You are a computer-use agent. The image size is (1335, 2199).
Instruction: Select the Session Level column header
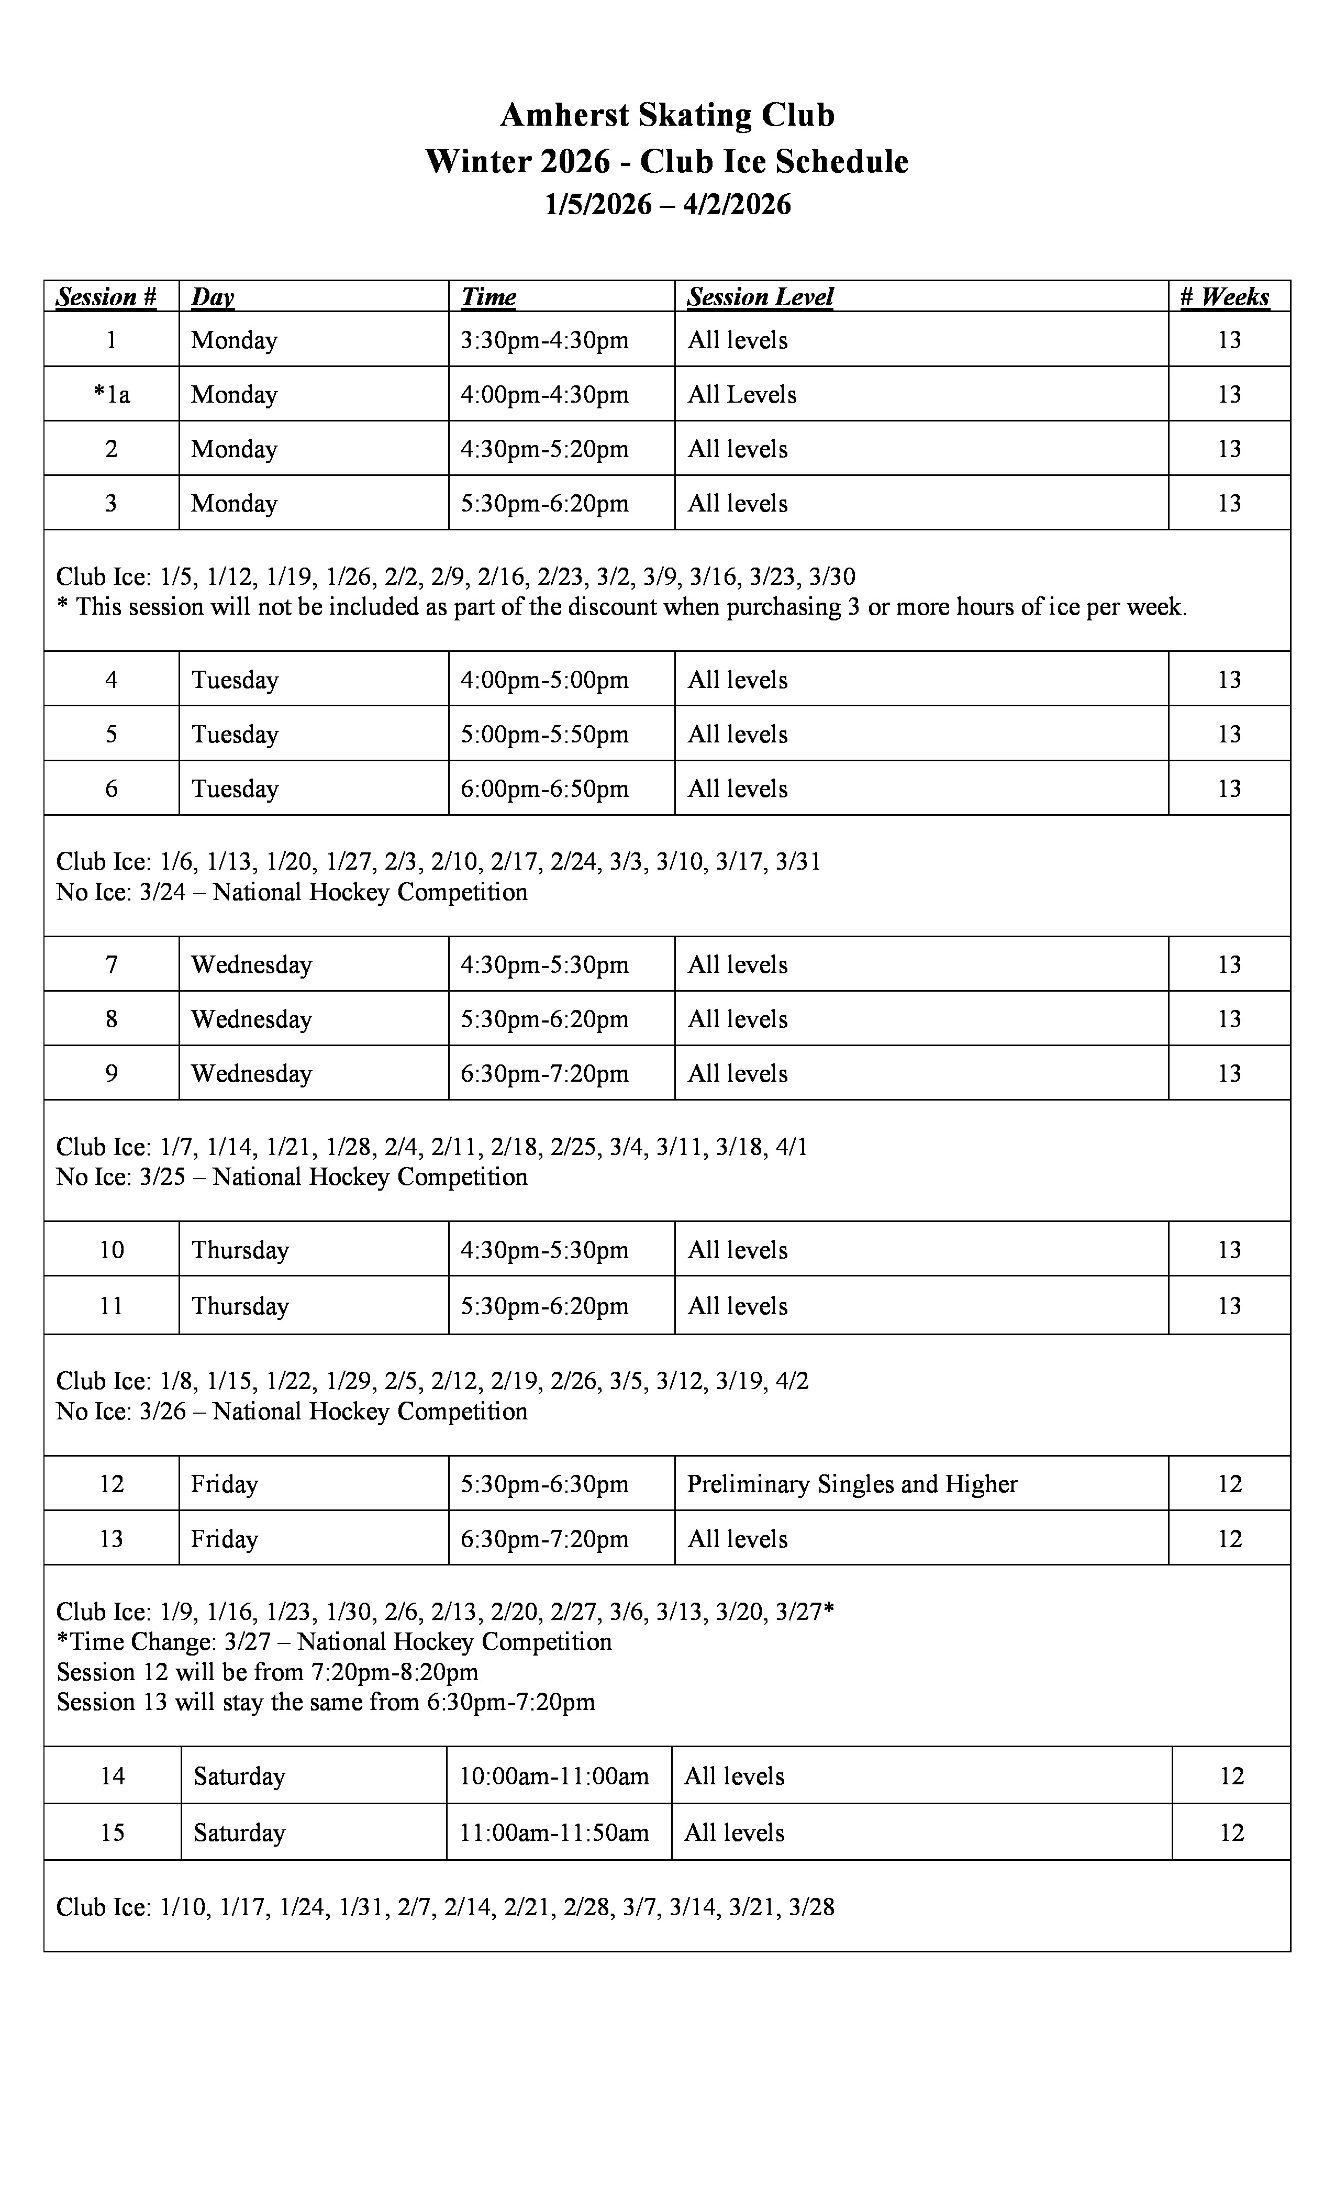(760, 297)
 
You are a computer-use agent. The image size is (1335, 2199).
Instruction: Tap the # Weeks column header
(1225, 297)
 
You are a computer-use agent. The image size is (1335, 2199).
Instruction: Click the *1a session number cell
(112, 394)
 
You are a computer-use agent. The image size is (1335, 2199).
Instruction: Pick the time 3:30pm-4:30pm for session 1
(544, 340)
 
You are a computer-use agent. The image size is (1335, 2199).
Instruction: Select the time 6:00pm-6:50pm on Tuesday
(544, 789)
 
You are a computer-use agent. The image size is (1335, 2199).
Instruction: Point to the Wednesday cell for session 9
(252, 1074)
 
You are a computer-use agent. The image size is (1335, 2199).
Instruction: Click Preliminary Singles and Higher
(852, 1484)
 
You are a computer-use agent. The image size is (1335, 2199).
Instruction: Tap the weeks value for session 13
(1230, 1539)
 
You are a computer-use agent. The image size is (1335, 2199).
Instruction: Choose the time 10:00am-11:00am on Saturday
(554, 1776)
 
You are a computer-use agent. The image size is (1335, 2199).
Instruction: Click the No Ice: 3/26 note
(291, 1411)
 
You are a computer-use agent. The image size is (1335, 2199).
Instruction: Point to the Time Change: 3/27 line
(334, 1642)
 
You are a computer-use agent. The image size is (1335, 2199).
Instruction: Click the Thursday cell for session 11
(240, 1306)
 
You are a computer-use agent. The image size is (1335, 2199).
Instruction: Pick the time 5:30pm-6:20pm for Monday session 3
(544, 503)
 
